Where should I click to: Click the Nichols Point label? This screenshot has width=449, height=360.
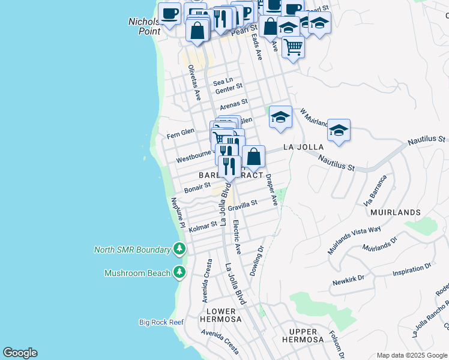pos(144,26)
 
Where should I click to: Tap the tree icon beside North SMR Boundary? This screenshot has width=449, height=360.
pos(179,249)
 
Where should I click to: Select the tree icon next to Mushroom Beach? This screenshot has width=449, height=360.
pos(179,273)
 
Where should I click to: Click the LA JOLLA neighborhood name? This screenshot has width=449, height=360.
pos(303,147)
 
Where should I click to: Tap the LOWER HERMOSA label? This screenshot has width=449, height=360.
pos(223,315)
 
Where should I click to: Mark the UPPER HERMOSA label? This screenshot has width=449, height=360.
pos(303,335)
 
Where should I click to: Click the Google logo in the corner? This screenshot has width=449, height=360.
pos(20,353)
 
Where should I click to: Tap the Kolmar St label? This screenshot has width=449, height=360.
pos(203,227)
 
